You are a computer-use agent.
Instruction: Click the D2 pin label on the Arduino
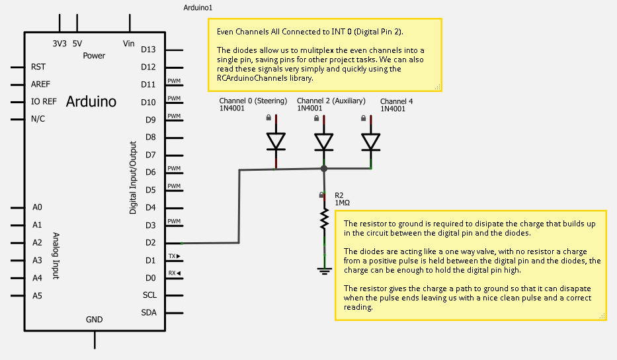150,243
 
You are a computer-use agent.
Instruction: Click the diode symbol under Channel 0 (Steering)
276,142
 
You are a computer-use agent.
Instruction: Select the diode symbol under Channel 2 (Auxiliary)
324,142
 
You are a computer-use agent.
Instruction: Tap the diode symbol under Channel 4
371,142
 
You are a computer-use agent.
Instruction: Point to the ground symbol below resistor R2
324,271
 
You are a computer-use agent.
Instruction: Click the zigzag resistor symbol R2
324,220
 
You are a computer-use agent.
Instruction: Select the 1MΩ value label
343,203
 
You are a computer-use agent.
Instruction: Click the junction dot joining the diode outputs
324,169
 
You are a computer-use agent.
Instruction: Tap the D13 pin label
148,49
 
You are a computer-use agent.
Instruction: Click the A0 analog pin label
37,207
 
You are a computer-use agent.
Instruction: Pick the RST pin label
38,67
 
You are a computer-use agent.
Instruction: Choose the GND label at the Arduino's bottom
95,320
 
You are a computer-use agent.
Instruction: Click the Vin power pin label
129,43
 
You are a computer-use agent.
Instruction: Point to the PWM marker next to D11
174,81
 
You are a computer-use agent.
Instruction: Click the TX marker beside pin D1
175,256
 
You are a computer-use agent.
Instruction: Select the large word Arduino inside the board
91,101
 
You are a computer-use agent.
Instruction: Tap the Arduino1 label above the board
198,7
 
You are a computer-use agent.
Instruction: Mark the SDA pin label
149,312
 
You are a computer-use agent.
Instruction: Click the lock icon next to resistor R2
321,195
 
